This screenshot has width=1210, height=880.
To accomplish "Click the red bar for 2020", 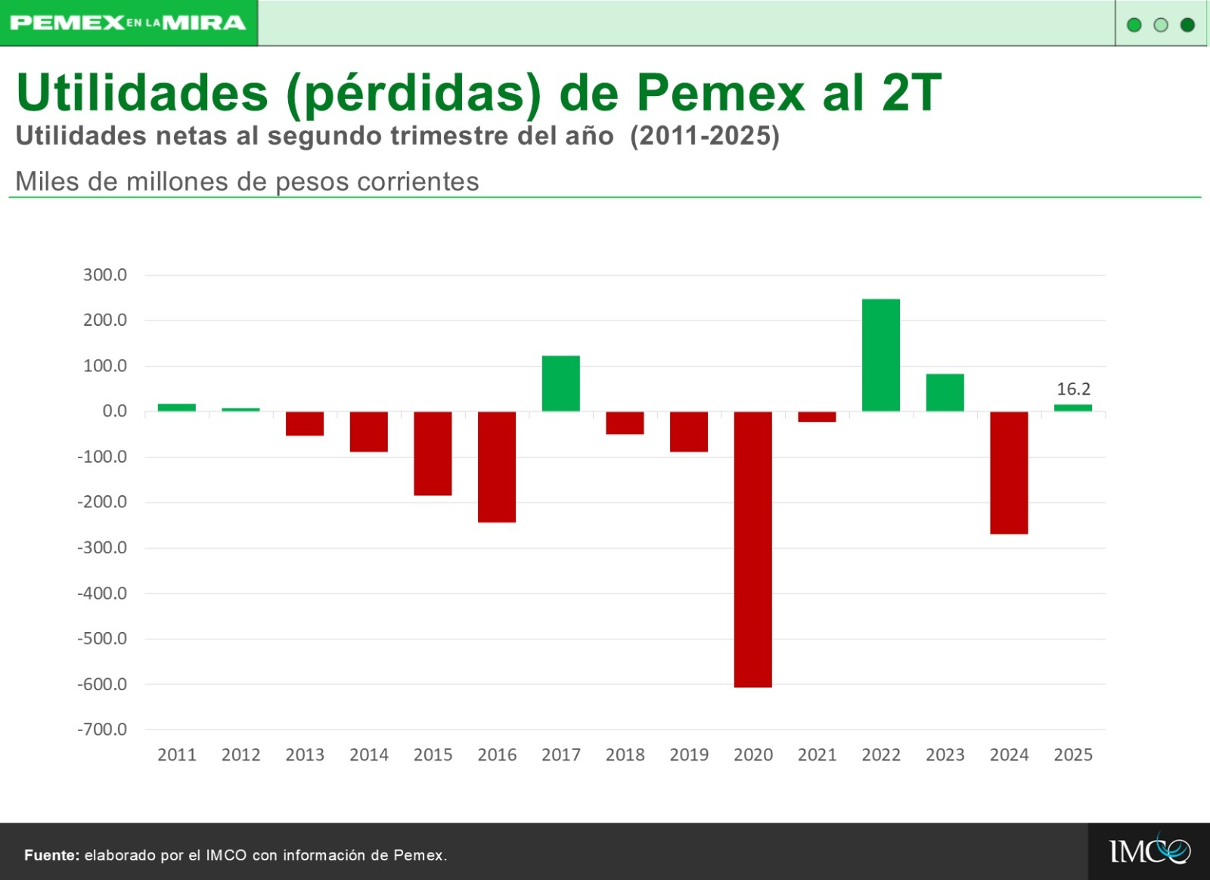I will [x=752, y=549].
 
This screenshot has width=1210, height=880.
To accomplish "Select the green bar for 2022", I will [x=881, y=355].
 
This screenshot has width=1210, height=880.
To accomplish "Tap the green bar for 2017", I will [x=560, y=383].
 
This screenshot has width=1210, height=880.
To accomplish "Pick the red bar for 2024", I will [x=1009, y=473].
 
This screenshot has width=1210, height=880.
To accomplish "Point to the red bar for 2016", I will [x=497, y=466].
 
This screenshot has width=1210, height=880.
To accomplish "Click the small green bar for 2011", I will [x=176, y=407].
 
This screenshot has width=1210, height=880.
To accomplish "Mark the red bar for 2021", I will [x=817, y=417].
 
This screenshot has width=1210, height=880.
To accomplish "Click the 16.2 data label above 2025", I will [x=1073, y=389].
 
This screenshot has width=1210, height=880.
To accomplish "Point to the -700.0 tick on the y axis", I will [x=102, y=730].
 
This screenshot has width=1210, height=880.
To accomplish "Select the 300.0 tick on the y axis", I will [x=104, y=275].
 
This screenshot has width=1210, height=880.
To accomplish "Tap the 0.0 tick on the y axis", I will [x=114, y=411].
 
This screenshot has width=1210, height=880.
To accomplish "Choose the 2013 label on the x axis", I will [x=305, y=755].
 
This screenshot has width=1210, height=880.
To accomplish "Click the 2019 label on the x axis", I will [x=689, y=755].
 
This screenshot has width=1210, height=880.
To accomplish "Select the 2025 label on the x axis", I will [x=1073, y=755].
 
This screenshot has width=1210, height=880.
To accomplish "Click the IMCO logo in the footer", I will [x=1149, y=851].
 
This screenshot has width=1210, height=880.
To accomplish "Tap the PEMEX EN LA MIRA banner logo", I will [x=129, y=23].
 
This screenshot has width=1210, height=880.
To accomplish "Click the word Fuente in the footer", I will [x=51, y=855].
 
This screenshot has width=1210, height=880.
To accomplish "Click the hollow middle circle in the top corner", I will [x=1161, y=25].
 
